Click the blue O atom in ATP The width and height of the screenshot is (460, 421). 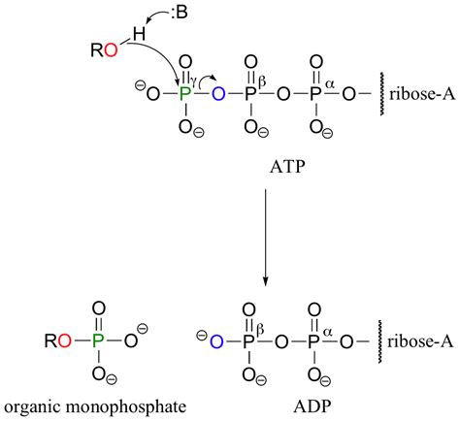pos(219,95)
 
